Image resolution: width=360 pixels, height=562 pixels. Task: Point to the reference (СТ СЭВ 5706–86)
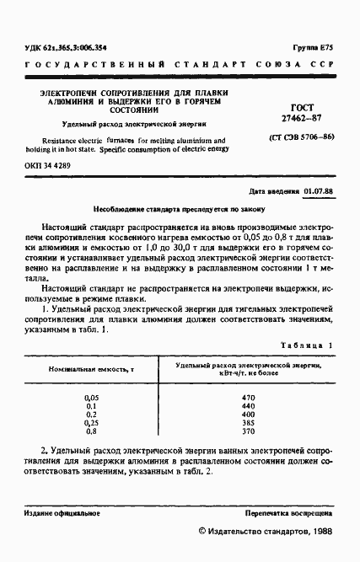[302, 136]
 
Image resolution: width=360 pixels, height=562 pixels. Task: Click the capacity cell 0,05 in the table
[92, 397]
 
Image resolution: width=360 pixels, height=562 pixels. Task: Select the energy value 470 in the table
[248, 397]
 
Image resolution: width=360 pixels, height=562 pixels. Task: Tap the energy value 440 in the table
[248, 405]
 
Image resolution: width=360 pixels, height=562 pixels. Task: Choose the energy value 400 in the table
[248, 414]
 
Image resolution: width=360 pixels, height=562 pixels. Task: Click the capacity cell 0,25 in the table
[92, 422]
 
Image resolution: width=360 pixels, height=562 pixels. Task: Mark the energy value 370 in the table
[248, 431]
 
